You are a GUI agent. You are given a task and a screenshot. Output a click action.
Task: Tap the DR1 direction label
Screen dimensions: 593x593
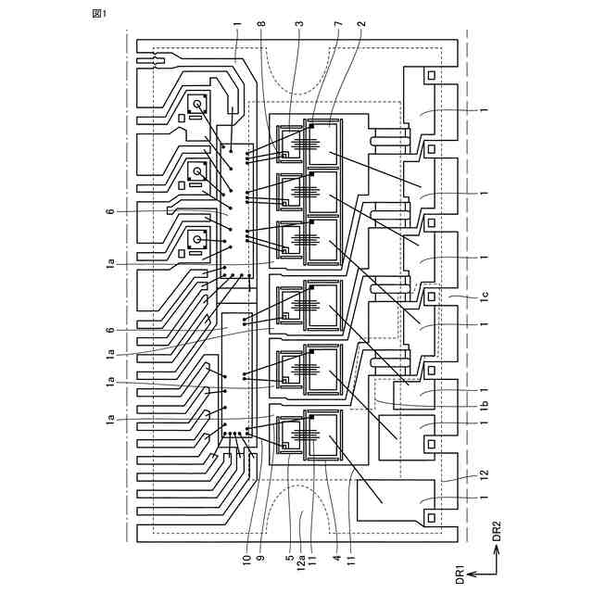click(x=459, y=573)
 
